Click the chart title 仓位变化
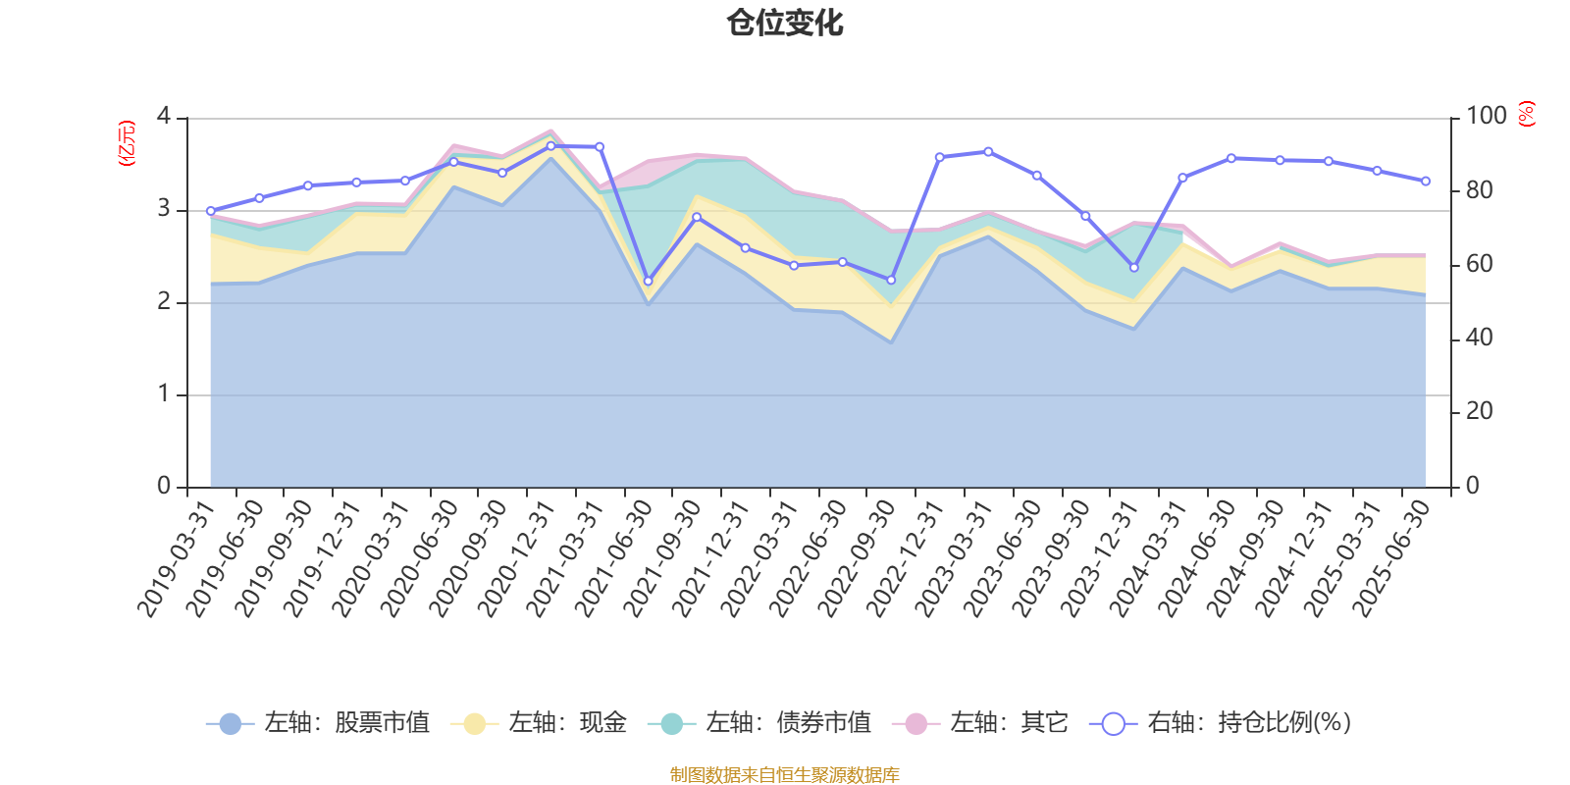(785, 23)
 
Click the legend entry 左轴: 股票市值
(319, 723)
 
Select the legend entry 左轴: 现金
(539, 723)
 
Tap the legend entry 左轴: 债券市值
(760, 723)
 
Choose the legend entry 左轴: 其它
(980, 723)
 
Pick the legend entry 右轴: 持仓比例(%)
(1221, 723)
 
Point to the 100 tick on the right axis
(1486, 116)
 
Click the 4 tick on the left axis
(164, 116)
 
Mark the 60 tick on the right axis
(1479, 264)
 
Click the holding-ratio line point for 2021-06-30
(648, 282)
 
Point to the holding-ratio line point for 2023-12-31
(1134, 267)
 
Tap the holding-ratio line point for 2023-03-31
(988, 151)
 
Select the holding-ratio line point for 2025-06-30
(1426, 182)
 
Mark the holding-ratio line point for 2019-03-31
(210, 211)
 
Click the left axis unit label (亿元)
(127, 143)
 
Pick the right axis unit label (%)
(1527, 114)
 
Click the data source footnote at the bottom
(785, 775)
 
